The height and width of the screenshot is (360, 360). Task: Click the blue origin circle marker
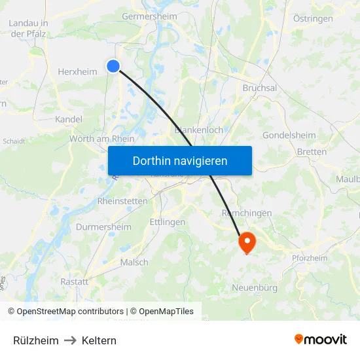tap(113, 66)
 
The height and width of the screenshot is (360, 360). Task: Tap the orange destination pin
tap(247, 243)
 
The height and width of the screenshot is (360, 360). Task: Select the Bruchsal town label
tap(260, 88)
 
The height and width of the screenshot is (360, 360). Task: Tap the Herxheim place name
tap(77, 73)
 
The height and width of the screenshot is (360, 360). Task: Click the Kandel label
tap(69, 120)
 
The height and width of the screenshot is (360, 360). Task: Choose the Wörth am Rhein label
tap(101, 139)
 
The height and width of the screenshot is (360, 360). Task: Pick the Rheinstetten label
tap(122, 201)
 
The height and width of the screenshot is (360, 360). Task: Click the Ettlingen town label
tap(167, 223)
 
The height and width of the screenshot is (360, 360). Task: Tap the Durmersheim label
tap(103, 227)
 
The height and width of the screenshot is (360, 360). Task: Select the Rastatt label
tap(74, 281)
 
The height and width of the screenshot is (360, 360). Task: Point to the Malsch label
tap(134, 262)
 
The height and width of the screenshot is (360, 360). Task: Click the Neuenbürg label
tap(255, 288)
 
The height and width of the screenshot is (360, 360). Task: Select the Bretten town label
tap(312, 152)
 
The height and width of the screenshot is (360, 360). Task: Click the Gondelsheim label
tap(289, 135)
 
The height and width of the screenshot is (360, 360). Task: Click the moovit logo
tap(321, 340)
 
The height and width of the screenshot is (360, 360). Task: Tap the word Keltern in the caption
tap(99, 340)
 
